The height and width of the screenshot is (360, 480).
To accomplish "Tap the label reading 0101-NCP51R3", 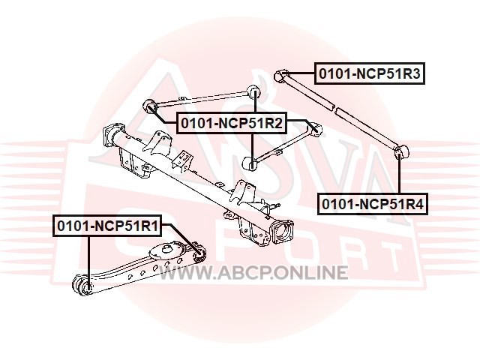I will (x=369, y=73).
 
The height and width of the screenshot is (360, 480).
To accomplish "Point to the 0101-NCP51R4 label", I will (x=373, y=203).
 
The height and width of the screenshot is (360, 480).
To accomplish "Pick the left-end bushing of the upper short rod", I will (x=149, y=105).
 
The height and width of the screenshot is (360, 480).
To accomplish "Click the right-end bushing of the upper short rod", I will (x=254, y=91).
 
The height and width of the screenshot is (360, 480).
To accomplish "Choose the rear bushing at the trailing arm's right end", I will (x=197, y=250).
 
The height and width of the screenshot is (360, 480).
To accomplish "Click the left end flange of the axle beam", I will (x=114, y=134).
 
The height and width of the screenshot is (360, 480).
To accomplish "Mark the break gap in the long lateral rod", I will (x=335, y=109).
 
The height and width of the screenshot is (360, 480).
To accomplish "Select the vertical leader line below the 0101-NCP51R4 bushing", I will (x=400, y=177).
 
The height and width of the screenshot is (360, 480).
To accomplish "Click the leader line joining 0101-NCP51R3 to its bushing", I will (x=300, y=73).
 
